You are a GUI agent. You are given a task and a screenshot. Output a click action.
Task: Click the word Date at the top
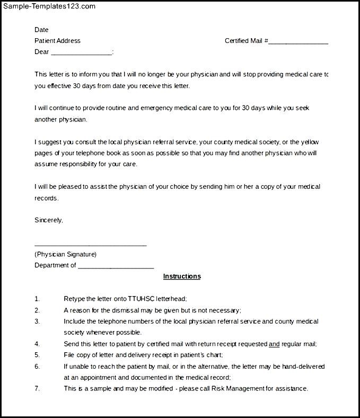click(41, 30)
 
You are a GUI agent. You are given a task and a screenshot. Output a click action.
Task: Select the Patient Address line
click(57, 41)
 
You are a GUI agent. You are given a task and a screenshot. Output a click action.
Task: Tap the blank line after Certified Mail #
click(298, 42)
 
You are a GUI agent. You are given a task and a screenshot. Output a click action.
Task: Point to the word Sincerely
click(48, 220)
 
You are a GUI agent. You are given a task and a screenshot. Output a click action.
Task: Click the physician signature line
click(90, 245)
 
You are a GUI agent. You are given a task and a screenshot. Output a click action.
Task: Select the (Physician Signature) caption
click(65, 254)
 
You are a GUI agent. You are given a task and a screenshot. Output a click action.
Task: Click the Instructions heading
click(182, 276)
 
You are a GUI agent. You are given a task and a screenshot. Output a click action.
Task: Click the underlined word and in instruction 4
click(274, 344)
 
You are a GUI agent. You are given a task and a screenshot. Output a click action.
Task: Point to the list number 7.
click(37, 388)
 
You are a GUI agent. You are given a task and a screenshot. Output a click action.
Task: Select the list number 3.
click(37, 321)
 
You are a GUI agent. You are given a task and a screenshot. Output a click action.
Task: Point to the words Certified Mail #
click(246, 41)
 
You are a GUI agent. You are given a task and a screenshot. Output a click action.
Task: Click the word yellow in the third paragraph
click(310, 142)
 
